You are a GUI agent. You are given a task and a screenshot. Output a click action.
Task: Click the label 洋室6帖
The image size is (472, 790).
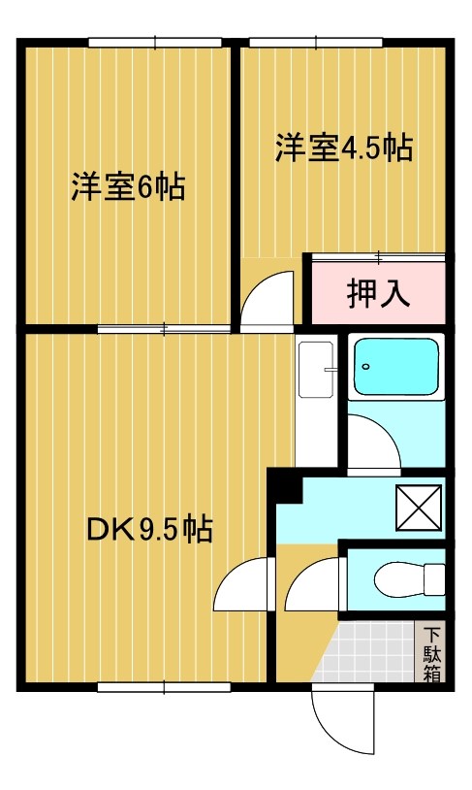[127, 186]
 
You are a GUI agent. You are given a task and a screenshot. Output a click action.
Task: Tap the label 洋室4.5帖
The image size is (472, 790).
[343, 148]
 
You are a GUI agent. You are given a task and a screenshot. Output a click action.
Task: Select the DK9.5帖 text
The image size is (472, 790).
[149, 530]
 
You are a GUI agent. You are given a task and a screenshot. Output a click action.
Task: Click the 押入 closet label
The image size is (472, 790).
[378, 292]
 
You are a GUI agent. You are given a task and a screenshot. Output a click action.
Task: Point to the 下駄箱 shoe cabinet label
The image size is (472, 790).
[431, 653]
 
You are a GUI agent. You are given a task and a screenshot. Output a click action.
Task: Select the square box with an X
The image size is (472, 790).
[419, 504]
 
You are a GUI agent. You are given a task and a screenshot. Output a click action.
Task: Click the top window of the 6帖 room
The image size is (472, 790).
[156, 42]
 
